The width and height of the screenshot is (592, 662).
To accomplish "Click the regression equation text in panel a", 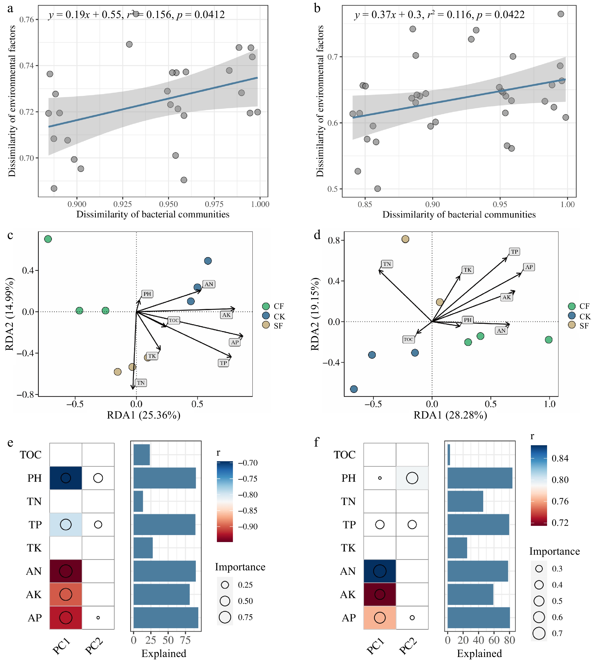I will click(137, 15).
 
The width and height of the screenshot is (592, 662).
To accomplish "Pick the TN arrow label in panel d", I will click(387, 264).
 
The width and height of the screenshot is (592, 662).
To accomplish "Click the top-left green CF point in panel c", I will click(48, 239).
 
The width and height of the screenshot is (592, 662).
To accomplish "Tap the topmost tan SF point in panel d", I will click(405, 239).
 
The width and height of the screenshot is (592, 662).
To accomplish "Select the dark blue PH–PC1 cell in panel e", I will click(66, 478).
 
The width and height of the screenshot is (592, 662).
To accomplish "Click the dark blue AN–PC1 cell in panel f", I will click(379, 571).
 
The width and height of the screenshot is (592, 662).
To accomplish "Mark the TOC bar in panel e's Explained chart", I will click(142, 454).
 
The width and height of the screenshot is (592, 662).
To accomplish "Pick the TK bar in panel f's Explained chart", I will click(457, 548).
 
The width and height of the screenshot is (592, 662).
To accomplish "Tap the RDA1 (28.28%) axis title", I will click(450, 415).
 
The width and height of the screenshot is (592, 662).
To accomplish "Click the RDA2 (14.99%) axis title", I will click(10, 314).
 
